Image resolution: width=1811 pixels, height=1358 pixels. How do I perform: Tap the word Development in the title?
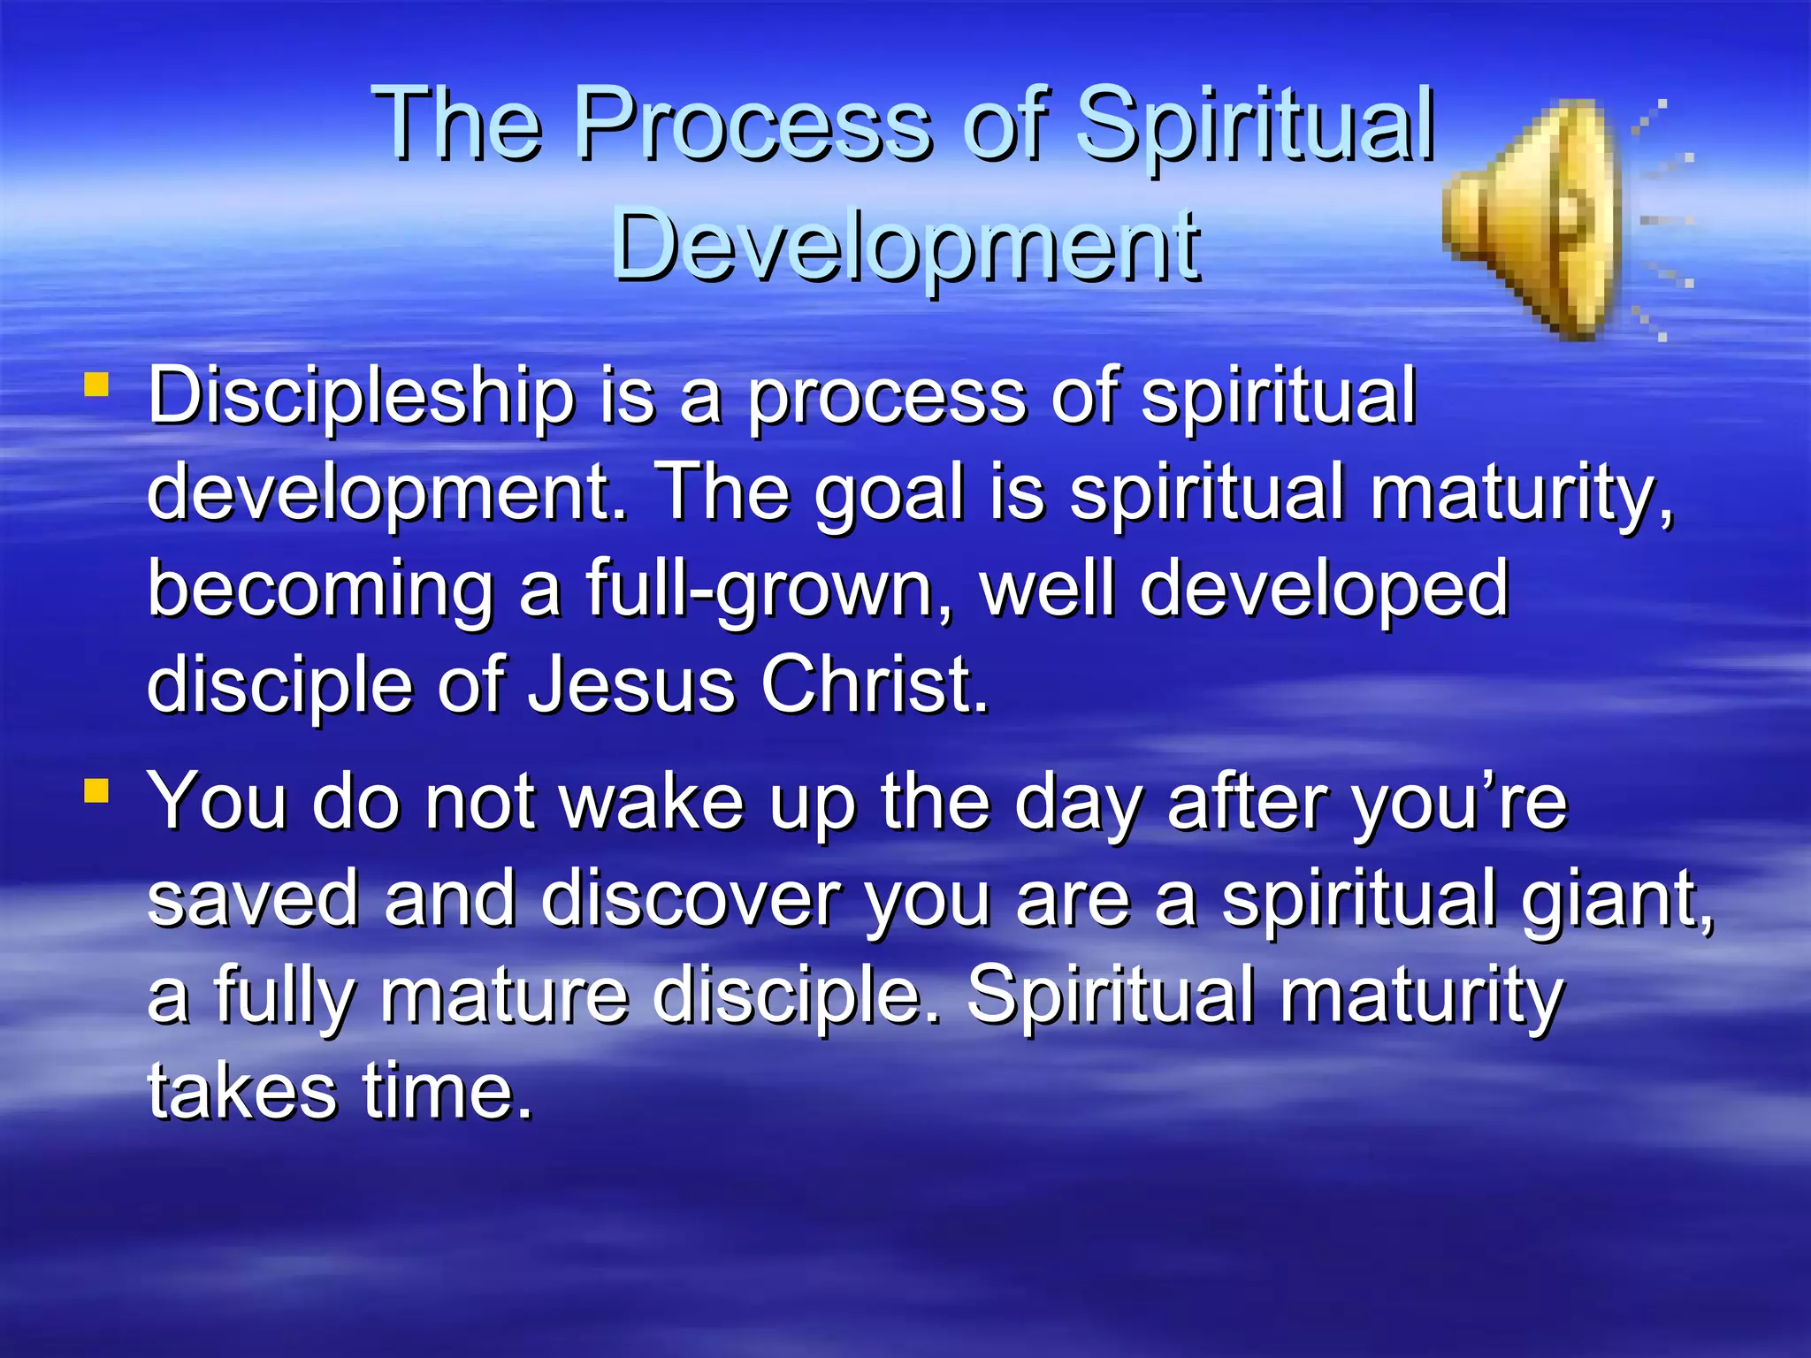(x=905, y=245)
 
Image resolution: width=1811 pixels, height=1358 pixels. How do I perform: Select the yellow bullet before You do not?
(x=96, y=790)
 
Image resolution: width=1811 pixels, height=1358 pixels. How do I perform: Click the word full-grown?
(x=769, y=590)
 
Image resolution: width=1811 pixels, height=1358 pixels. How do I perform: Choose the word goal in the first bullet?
(x=888, y=493)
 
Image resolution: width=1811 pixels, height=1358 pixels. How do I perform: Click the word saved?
(x=253, y=899)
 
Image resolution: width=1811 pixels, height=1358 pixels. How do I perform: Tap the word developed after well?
(x=1324, y=590)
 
